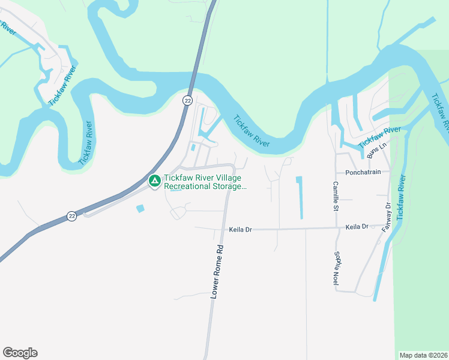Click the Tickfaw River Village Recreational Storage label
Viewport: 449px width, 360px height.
click(205, 182)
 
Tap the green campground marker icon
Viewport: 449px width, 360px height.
click(154, 181)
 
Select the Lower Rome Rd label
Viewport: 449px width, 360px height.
click(217, 272)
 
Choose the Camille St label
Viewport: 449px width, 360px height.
click(336, 196)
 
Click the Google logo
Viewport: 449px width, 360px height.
click(20, 353)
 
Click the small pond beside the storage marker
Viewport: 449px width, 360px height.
click(140, 208)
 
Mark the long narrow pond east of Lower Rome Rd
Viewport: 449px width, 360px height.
click(300, 197)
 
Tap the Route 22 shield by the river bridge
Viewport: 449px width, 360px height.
click(188, 101)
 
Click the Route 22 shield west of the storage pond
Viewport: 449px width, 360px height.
click(71, 216)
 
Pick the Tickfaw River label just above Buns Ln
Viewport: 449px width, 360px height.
click(379, 138)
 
